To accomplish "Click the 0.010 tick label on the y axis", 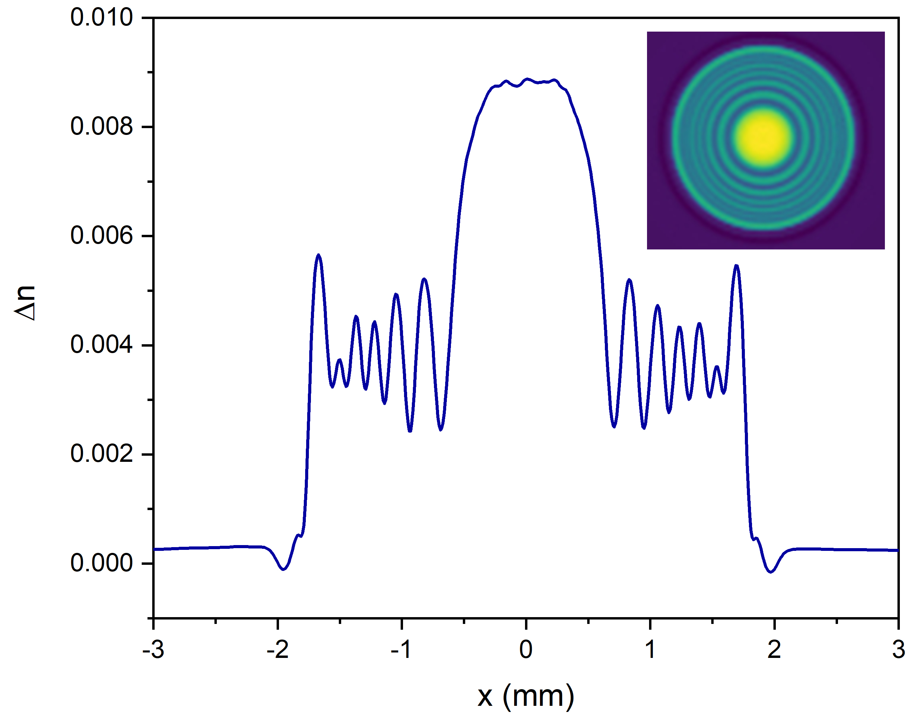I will (x=101, y=18).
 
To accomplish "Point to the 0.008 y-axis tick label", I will (x=101, y=127).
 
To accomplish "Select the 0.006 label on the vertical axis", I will (x=101, y=236).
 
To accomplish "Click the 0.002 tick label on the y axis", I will (x=101, y=454).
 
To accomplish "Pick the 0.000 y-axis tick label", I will (x=101, y=563).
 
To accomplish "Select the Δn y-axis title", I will (x=25, y=303).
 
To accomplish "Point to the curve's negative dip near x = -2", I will (x=283, y=569).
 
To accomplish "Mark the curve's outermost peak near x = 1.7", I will (x=736, y=266).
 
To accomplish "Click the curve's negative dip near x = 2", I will (x=771, y=571).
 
